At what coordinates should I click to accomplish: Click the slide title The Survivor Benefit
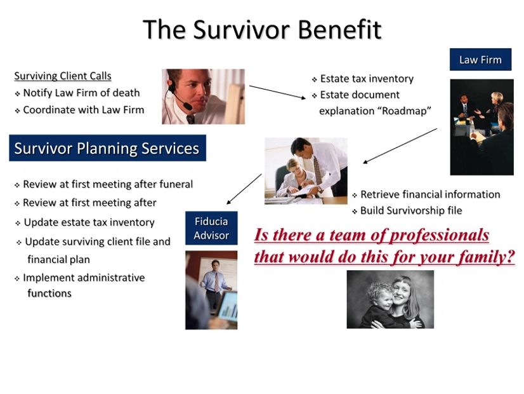click(262, 29)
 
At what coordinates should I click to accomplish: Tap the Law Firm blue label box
click(480, 60)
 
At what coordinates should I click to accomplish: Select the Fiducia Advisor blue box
click(211, 228)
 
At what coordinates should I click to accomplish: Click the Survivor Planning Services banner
click(107, 148)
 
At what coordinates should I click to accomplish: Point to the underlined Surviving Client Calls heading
click(63, 76)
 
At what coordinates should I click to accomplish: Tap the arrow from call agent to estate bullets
click(277, 92)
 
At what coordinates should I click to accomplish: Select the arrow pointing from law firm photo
click(400, 146)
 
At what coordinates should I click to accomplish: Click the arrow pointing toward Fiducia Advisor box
click(244, 189)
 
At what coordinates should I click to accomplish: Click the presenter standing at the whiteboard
click(215, 285)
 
